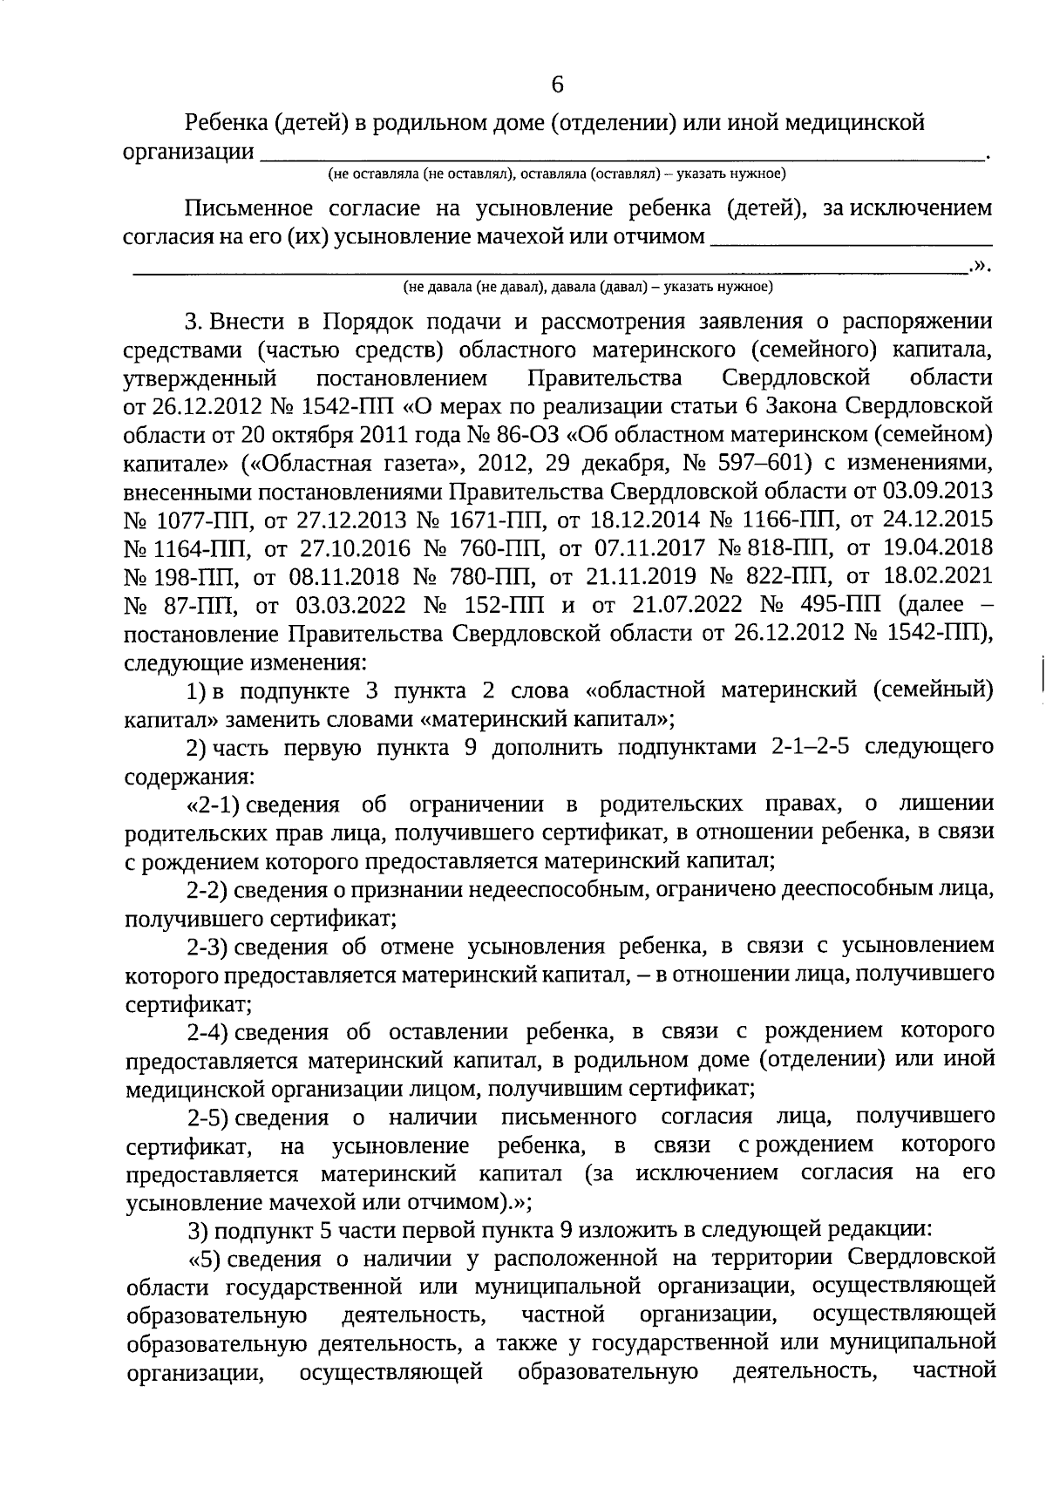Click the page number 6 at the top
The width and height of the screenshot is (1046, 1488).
tap(558, 85)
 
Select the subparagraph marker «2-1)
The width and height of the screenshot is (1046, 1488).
tap(208, 805)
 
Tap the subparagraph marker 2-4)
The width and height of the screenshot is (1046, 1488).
tap(207, 1032)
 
